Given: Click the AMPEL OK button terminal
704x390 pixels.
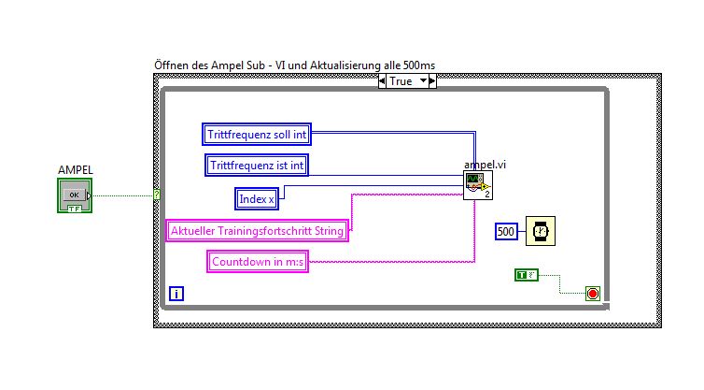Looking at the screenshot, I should tap(75, 195).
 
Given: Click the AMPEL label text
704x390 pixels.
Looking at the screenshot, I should tap(75, 170).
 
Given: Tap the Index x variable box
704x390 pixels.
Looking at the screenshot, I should tap(258, 198).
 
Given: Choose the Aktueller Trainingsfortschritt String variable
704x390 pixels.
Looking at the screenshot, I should tap(257, 230).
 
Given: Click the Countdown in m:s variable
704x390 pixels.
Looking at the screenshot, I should tap(258, 261).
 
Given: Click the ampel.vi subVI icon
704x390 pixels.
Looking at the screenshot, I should tap(478, 185).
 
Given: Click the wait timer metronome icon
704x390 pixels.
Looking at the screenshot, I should tap(540, 231).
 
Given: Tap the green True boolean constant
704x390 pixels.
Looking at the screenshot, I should tap(527, 274).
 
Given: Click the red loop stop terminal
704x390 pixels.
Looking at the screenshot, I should tap(592, 294).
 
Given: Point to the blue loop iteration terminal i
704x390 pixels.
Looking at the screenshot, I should tap(176, 294).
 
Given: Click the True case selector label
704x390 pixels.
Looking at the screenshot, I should tap(407, 81).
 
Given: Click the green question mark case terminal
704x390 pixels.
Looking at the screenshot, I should tap(157, 195).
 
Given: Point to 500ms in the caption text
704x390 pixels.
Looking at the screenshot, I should tap(417, 65).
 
